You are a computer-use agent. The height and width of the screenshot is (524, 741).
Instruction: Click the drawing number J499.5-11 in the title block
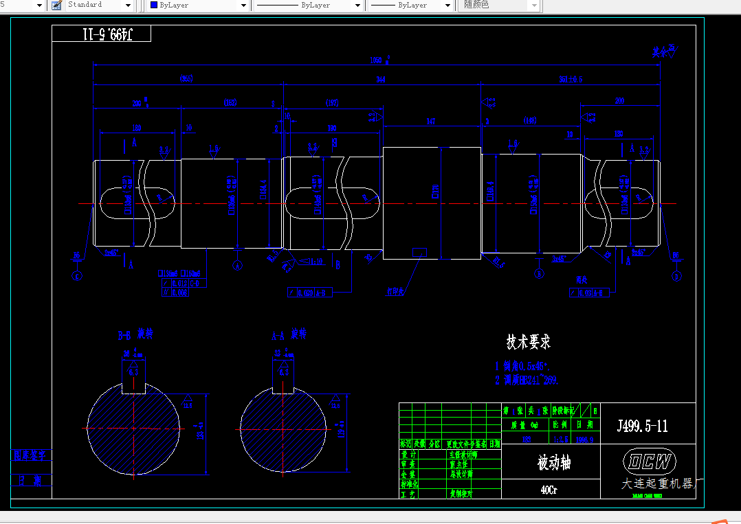(642, 426)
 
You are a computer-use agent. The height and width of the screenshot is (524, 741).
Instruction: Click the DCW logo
(649, 461)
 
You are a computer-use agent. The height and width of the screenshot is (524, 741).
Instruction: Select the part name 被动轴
(553, 463)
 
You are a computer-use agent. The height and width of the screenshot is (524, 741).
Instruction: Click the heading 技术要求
(528, 341)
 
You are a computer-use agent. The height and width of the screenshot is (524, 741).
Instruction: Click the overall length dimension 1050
(377, 60)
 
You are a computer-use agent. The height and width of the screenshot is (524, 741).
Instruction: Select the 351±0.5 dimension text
(570, 80)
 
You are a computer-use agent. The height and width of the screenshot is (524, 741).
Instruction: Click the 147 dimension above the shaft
(431, 122)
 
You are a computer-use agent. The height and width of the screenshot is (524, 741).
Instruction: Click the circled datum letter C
(76, 275)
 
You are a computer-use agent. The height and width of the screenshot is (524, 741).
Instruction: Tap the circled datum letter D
(676, 275)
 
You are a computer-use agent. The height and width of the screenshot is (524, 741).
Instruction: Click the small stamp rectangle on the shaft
(419, 252)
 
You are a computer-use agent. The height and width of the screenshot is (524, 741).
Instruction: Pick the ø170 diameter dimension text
(434, 191)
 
